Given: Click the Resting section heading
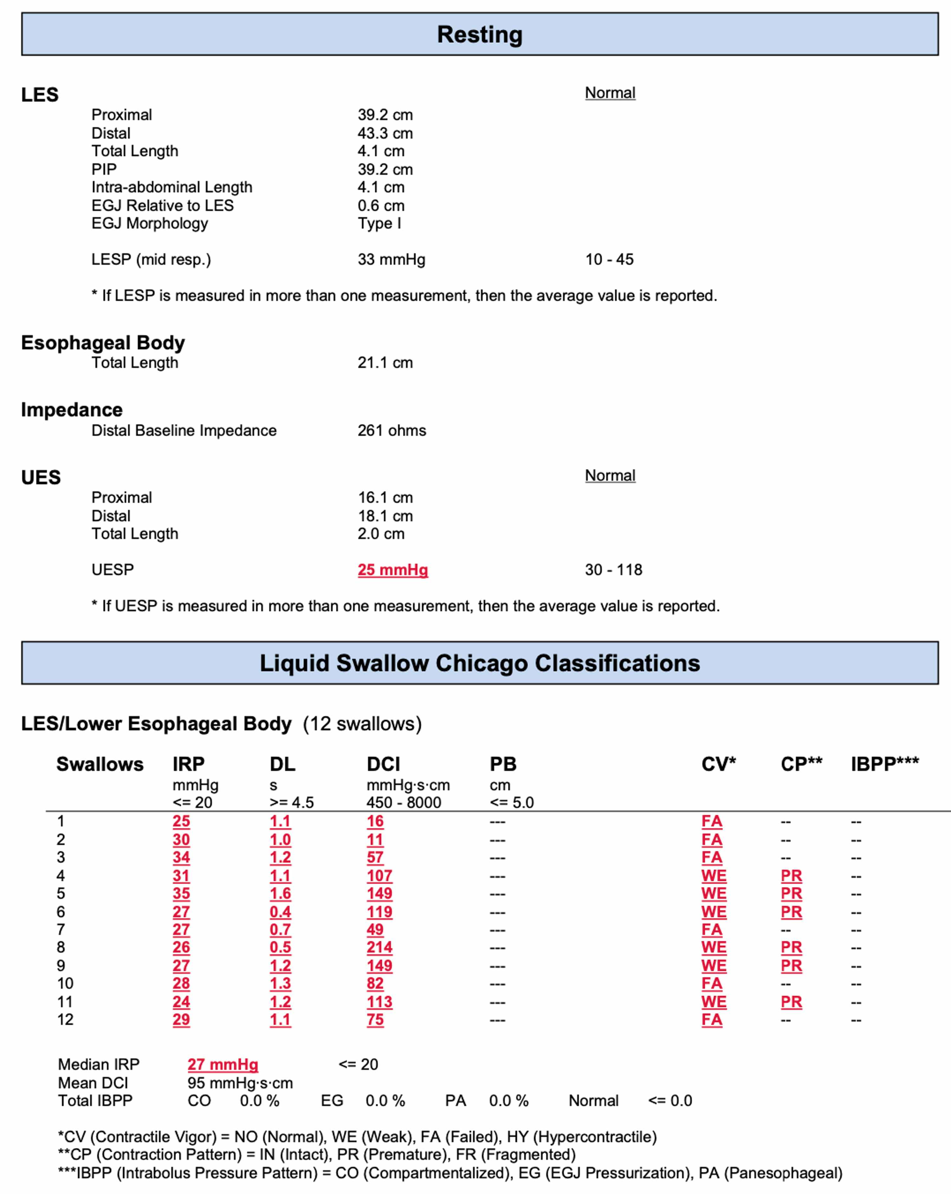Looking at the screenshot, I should click(x=480, y=34).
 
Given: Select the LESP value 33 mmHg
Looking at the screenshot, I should click(x=391, y=259).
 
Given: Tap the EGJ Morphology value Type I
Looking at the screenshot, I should click(x=379, y=223).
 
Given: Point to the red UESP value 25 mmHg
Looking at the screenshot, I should click(x=393, y=569).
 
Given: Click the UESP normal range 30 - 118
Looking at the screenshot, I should click(x=613, y=569).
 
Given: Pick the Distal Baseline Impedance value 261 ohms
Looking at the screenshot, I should click(x=392, y=430).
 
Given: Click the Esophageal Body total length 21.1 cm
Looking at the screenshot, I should click(x=385, y=363).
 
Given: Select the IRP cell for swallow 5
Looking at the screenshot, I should click(x=181, y=893).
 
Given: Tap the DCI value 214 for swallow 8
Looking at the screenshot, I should click(x=379, y=947).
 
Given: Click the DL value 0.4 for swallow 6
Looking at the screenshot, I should click(x=280, y=912).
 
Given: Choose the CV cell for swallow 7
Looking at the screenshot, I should click(x=712, y=929).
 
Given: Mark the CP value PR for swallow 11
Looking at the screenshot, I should click(x=791, y=1001).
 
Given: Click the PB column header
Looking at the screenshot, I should click(x=503, y=764).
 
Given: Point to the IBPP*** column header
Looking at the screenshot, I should click(x=884, y=764).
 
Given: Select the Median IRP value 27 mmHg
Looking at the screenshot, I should click(x=223, y=1064).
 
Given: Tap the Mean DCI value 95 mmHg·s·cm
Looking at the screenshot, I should click(x=240, y=1083).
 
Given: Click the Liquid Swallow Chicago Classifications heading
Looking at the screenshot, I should click(x=480, y=663).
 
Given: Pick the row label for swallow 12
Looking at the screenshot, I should click(x=65, y=1020).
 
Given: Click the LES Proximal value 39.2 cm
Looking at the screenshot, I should click(x=385, y=115).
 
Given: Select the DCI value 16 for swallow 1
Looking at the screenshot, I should click(x=375, y=821).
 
